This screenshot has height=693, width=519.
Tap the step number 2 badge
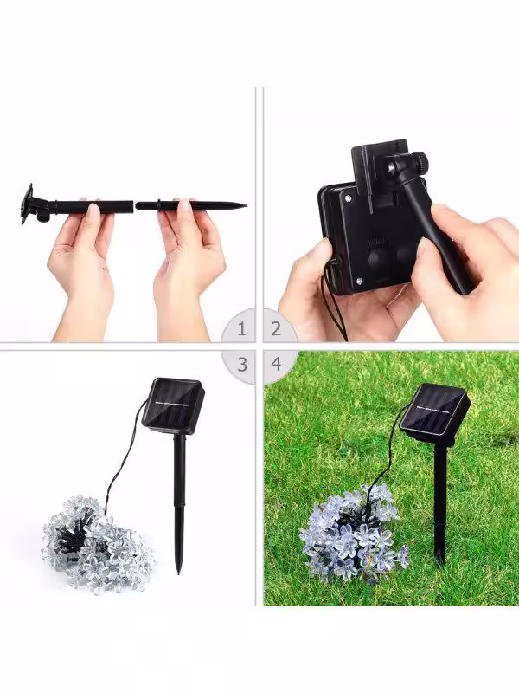[x=277, y=328]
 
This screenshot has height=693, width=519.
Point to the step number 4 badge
[x=277, y=365]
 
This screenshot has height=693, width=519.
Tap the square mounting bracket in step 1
[x=28, y=204]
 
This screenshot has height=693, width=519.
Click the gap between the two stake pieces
[x=134, y=205]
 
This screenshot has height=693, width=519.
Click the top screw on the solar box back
[x=349, y=198]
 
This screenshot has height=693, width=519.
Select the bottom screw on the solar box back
[x=360, y=280]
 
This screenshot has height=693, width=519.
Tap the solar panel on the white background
[x=173, y=405]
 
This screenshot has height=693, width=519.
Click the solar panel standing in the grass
[x=434, y=414]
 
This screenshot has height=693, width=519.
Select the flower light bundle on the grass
[x=354, y=534]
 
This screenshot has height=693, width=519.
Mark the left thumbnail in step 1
[x=93, y=209]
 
